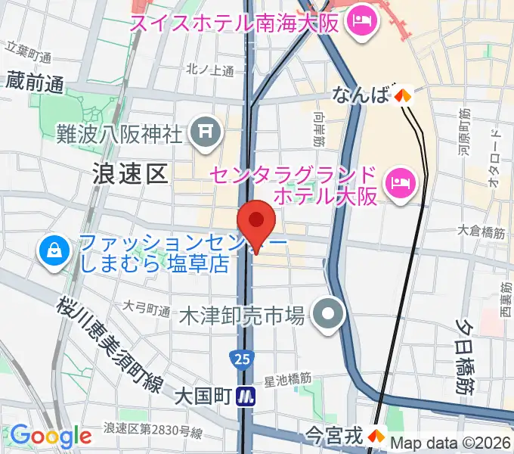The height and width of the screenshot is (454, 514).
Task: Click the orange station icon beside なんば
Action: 402,95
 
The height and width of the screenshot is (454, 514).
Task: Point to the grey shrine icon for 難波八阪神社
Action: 204,134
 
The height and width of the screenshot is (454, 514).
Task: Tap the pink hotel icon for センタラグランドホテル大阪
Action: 398,182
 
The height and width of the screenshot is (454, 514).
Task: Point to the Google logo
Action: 51,436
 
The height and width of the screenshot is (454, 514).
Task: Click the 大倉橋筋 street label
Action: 481,233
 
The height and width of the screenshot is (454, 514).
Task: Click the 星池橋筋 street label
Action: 288,376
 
